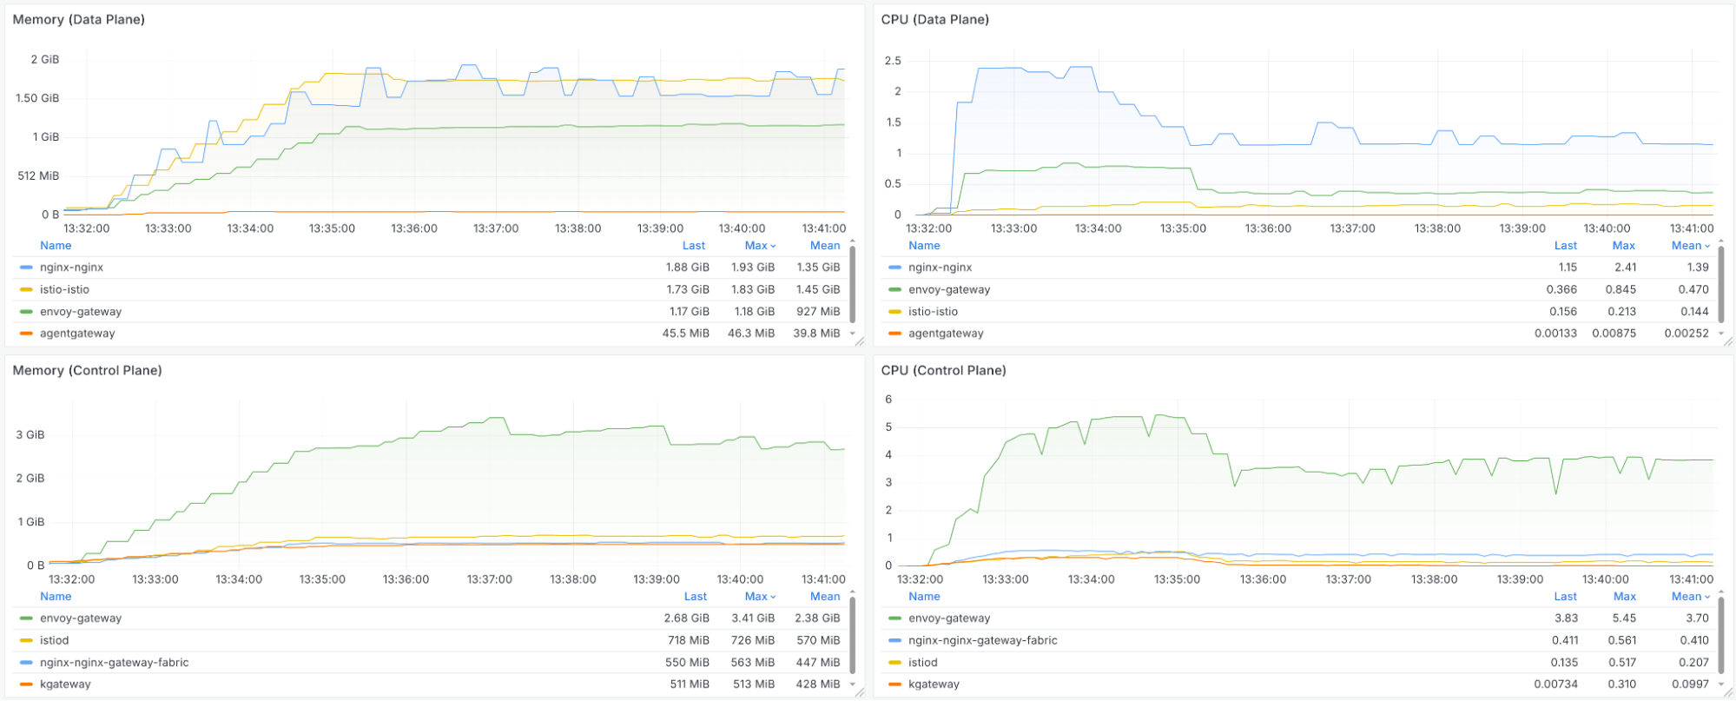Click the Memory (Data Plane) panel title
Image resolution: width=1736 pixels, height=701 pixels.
coord(78,19)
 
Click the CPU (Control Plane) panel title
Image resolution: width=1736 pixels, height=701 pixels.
coord(943,370)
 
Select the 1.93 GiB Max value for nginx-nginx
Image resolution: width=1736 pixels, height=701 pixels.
coord(752,268)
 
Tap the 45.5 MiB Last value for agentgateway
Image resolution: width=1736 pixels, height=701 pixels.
coord(685,334)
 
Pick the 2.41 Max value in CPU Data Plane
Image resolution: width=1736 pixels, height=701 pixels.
coord(1625,268)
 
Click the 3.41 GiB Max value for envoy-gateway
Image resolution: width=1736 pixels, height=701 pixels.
coord(752,618)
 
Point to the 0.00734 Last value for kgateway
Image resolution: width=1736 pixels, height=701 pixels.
coord(1555,684)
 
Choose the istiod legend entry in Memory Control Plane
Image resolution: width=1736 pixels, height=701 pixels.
coord(54,640)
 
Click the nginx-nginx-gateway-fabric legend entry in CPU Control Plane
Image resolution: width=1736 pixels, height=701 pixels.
coord(982,640)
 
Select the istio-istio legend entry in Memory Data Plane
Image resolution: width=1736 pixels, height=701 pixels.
coord(64,289)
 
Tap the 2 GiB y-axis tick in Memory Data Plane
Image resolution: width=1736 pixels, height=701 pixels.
coord(45,59)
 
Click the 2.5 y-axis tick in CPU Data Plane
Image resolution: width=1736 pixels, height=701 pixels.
coord(893,61)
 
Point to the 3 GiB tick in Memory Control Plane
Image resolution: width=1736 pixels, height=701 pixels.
coord(30,434)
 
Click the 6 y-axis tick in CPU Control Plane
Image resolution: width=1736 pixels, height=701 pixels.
coord(888,400)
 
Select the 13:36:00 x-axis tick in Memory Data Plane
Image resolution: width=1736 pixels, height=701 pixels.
coord(413,228)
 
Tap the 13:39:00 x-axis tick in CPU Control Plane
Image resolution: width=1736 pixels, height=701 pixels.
coord(1520,579)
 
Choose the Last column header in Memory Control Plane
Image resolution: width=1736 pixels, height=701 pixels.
coord(695,597)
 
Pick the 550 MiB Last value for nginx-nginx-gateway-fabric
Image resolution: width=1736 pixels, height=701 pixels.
coord(687,662)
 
